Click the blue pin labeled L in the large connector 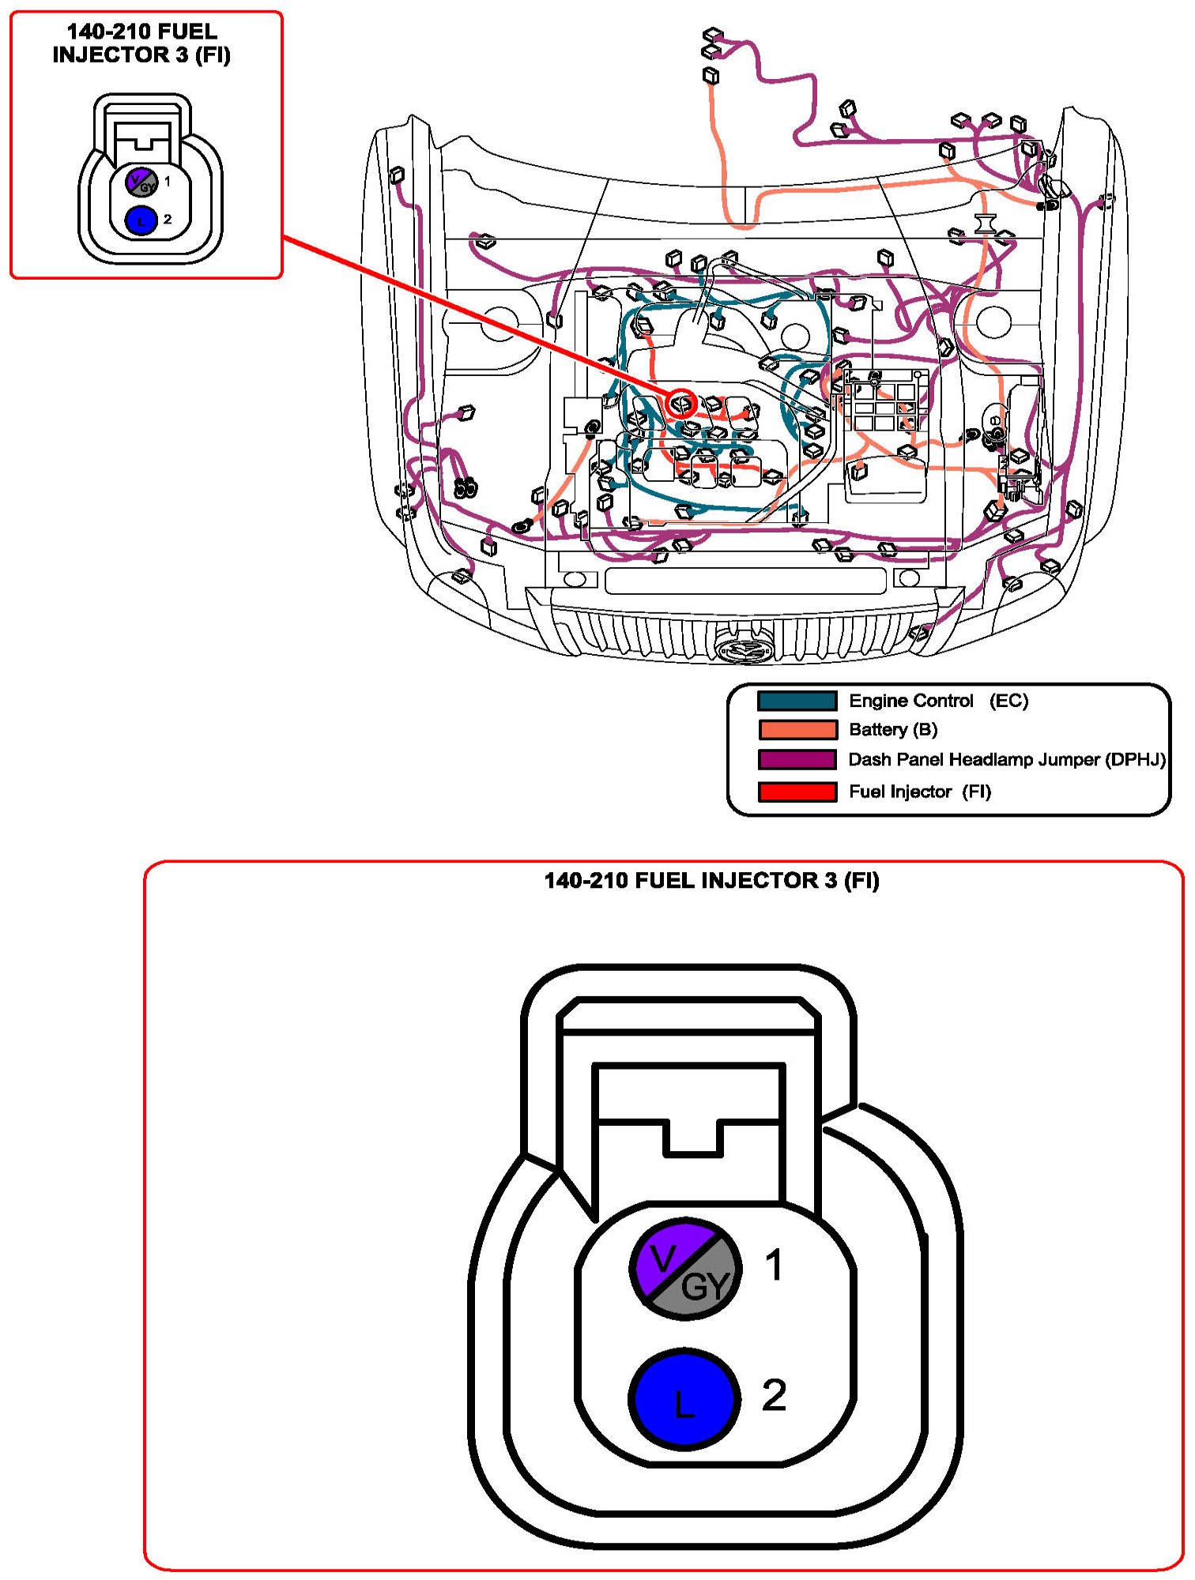coord(684,1398)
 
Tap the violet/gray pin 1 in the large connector coord(684,1269)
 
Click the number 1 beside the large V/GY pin coord(775,1264)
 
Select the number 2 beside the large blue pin coord(774,1394)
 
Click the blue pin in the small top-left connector coord(141,220)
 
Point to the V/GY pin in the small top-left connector coord(141,182)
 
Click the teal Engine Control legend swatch coord(797,701)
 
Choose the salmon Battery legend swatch coord(797,729)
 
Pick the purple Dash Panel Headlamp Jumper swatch coord(797,759)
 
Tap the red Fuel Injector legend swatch coord(797,792)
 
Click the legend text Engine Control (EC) coord(938,701)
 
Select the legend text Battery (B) coord(893,729)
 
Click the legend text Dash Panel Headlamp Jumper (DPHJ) coord(1006,759)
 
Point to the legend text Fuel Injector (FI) coord(919,792)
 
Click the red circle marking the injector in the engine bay coord(681,404)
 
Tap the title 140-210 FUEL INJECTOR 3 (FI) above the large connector coord(711,880)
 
